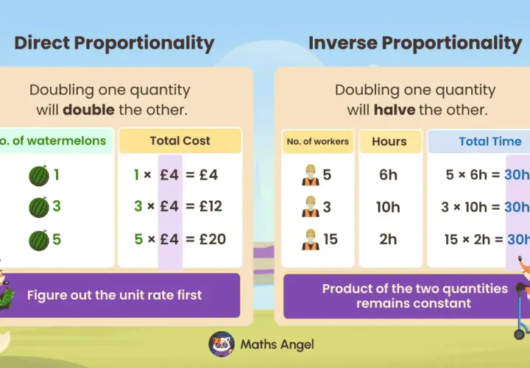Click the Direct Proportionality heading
tap(114, 44)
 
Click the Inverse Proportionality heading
tap(415, 44)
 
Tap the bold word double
tap(88, 110)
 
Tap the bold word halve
tap(395, 110)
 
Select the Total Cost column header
tap(180, 141)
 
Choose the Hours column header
tap(389, 141)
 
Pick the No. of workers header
tap(318, 141)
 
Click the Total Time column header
tap(490, 141)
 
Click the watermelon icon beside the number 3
tap(39, 207)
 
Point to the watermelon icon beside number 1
tap(39, 176)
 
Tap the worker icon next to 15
tap(311, 240)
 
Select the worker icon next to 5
tap(311, 175)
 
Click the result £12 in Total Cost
tap(211, 206)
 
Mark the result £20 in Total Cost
tap(213, 239)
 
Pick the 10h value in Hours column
tap(388, 207)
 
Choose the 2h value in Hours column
tap(388, 239)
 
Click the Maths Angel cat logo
tap(222, 344)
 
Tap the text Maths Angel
tap(278, 344)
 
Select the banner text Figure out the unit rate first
tap(115, 295)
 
